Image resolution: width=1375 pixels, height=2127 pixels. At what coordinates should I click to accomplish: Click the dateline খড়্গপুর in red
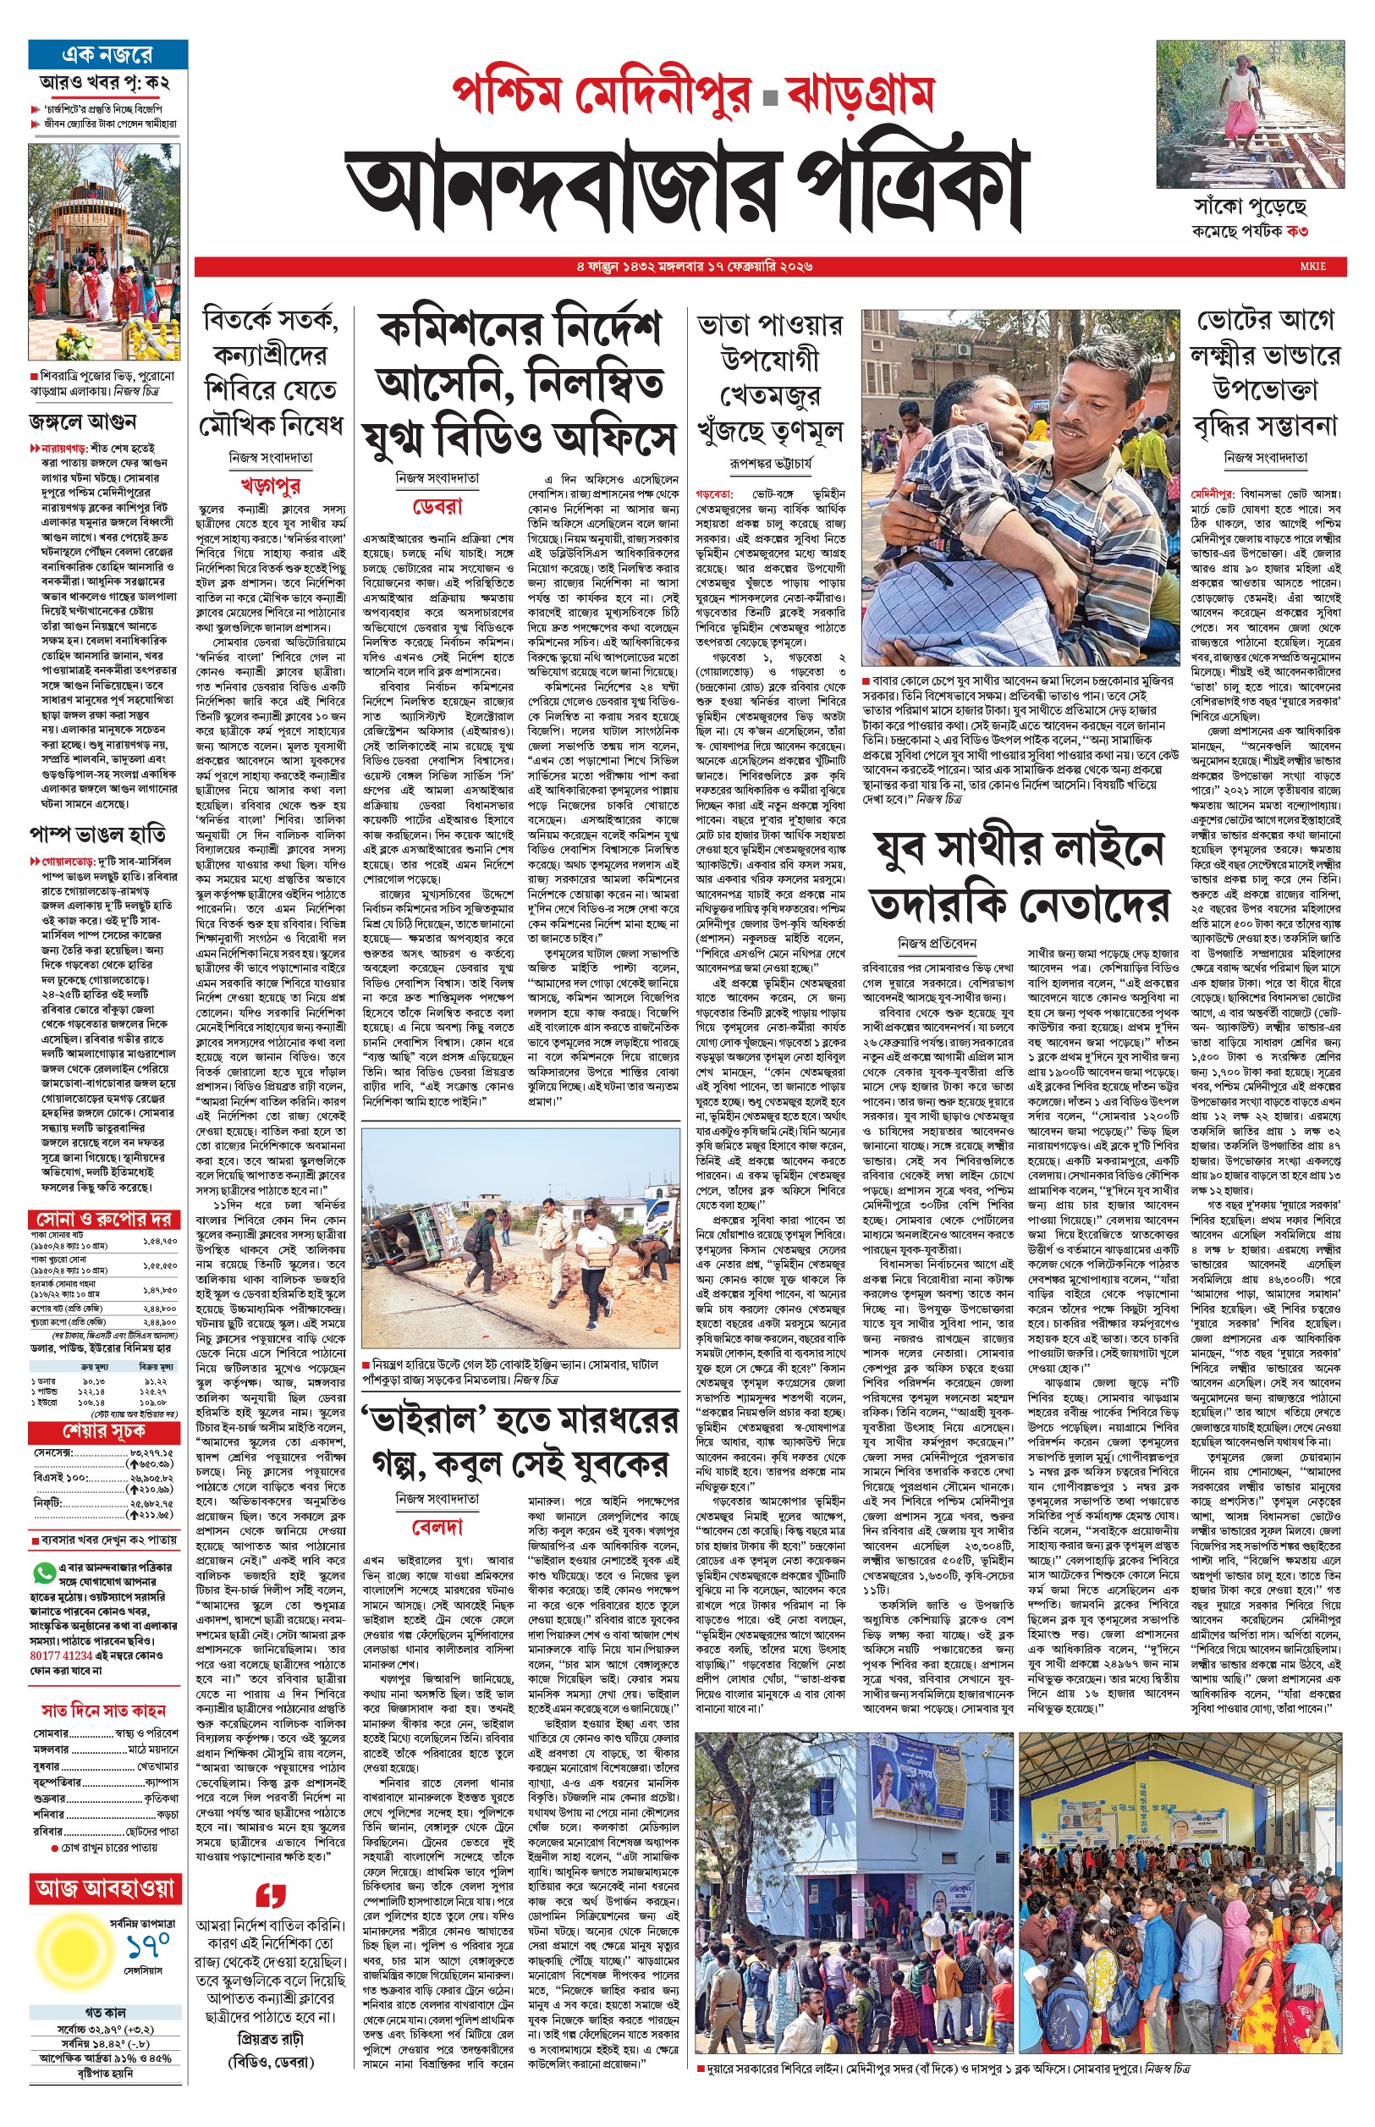[270, 486]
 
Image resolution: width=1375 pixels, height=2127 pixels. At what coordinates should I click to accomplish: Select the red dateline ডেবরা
[437, 506]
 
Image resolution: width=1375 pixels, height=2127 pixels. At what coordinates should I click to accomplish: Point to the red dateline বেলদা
[437, 1527]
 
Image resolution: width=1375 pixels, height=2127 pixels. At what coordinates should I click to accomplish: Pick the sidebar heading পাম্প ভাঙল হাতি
[98, 835]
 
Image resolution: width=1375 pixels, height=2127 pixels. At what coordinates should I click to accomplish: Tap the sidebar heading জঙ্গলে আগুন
[82, 421]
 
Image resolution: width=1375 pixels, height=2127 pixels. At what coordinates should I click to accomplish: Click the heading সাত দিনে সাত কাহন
[103, 1709]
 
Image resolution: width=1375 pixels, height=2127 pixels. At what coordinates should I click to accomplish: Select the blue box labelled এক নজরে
[107, 55]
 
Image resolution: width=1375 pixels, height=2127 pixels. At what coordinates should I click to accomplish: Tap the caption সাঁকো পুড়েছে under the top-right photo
[1250, 207]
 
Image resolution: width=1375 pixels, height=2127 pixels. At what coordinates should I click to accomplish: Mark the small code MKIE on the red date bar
[1312, 266]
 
